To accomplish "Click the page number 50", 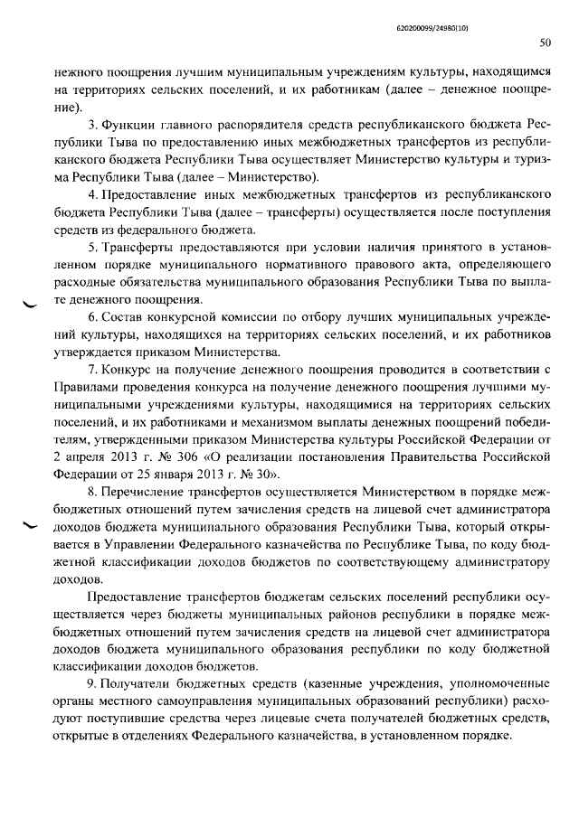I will [x=545, y=42].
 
